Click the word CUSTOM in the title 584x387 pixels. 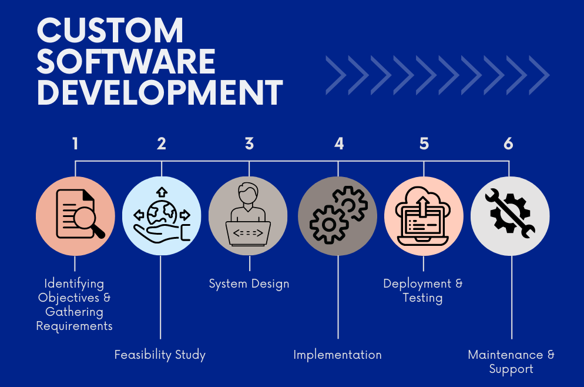110,31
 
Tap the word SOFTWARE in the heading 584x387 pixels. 126,61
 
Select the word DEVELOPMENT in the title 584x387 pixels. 160,92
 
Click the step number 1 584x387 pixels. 76,144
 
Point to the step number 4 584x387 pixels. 339,144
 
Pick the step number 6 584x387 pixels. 508,144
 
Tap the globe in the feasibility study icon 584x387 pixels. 162,213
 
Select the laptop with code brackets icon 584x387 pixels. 248,233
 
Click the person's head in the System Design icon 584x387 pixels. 248,193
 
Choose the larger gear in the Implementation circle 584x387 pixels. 329,225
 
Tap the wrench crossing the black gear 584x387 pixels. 510,213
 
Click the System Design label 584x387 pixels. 249,283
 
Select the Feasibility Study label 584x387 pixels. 160,355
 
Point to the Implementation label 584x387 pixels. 337,355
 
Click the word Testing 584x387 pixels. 423,298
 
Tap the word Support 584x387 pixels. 511,369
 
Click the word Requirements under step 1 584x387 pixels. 75,326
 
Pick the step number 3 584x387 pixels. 250,144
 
